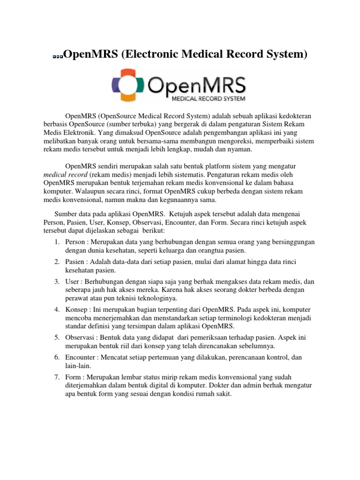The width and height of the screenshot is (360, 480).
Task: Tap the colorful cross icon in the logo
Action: coord(128,85)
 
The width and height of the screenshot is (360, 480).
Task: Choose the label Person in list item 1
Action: coord(75,242)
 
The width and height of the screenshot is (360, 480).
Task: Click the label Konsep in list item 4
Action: coord(76,310)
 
